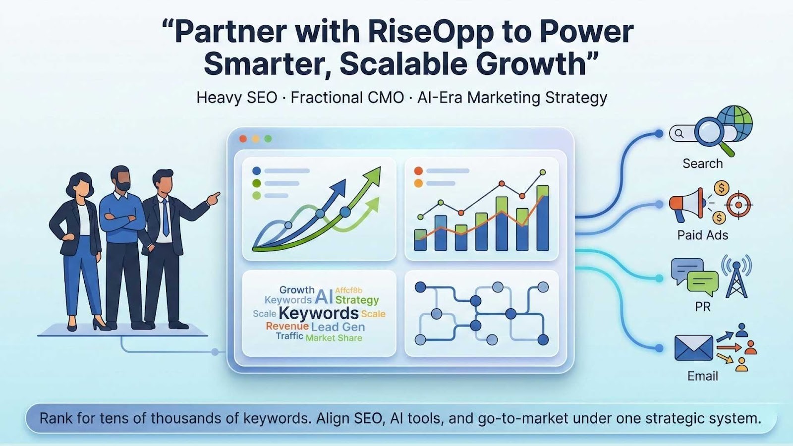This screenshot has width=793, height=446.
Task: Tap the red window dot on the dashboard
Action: pyautogui.click(x=243, y=139)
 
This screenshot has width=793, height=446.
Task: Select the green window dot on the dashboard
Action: pyautogui.click(x=268, y=139)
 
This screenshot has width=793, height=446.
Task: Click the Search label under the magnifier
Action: pyautogui.click(x=703, y=164)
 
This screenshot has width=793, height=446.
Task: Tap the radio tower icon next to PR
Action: pyautogui.click(x=736, y=276)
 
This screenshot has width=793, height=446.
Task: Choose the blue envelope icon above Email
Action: pyautogui.click(x=693, y=348)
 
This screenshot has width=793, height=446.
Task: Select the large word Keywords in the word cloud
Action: pyautogui.click(x=319, y=313)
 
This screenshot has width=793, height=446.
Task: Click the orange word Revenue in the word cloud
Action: pyautogui.click(x=287, y=326)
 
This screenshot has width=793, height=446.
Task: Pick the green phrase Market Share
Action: pyautogui.click(x=334, y=338)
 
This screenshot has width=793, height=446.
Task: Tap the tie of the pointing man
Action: pyautogui.click(x=166, y=218)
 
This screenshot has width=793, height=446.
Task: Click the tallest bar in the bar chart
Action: pyautogui.click(x=543, y=218)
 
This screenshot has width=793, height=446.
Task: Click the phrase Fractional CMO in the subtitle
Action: pyautogui.click(x=347, y=98)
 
